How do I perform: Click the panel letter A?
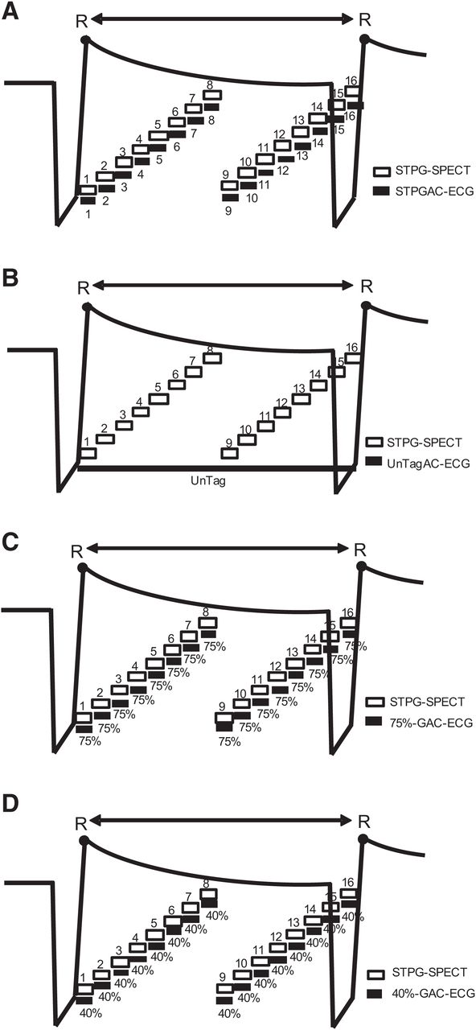(10, 10)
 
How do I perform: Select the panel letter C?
(10, 542)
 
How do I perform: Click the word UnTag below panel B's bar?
(208, 482)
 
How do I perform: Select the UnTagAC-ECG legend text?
(429, 463)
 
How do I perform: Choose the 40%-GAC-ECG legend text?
(433, 994)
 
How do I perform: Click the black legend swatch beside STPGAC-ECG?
(381, 191)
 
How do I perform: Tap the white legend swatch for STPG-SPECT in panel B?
(375, 443)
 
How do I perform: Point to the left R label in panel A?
(82, 22)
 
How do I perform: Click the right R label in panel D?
(364, 822)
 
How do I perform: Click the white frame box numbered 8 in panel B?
(213, 358)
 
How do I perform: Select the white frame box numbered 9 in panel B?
(230, 453)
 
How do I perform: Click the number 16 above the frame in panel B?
(351, 347)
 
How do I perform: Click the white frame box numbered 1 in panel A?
(88, 189)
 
